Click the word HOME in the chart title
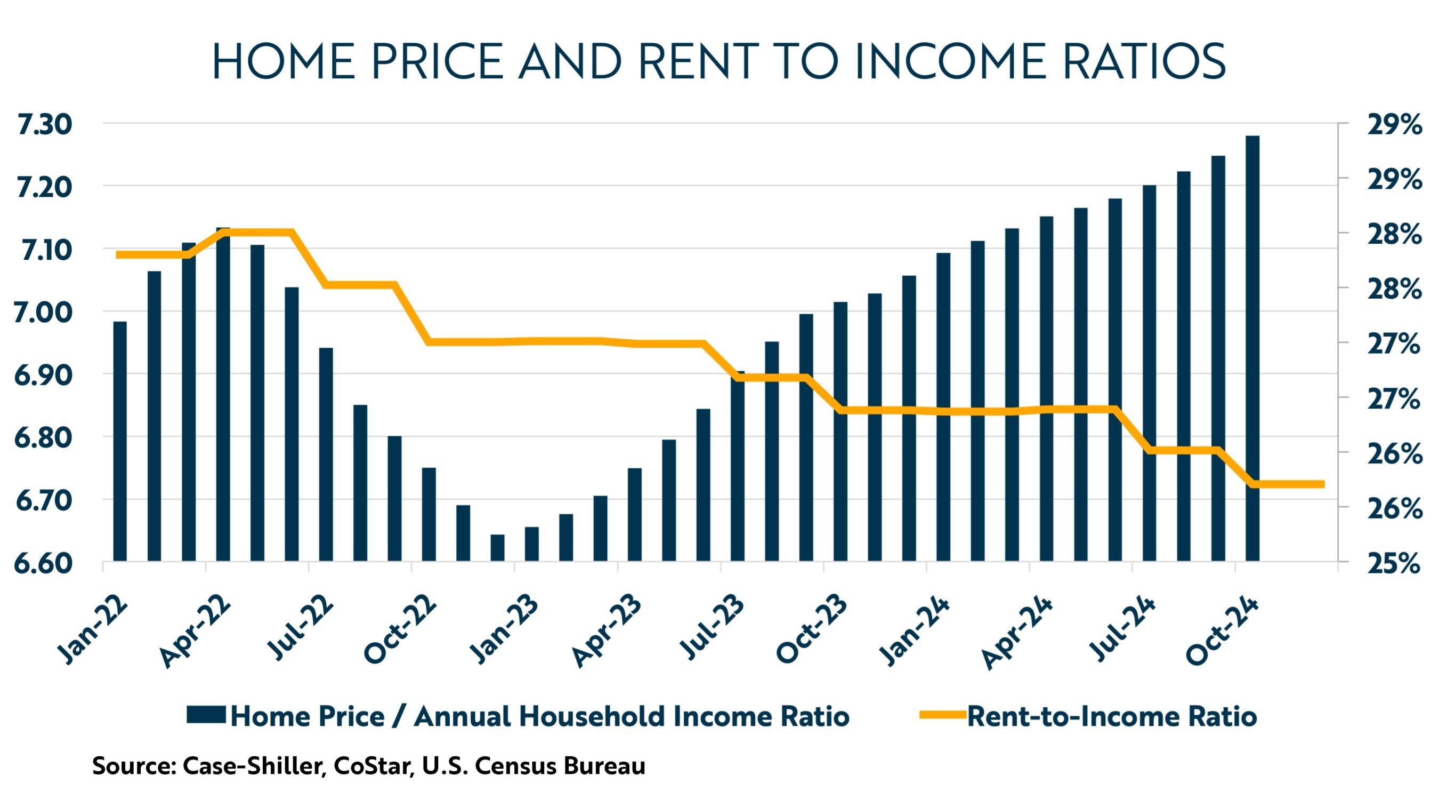[x=284, y=61]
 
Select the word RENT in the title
[x=698, y=61]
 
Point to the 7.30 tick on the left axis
[x=45, y=124]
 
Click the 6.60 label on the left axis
[x=44, y=563]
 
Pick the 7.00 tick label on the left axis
[x=44, y=312]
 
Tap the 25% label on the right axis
[x=1393, y=563]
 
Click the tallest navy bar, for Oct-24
[x=1252, y=347]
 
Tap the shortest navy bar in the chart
[x=497, y=547]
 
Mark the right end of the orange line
[x=1323, y=484]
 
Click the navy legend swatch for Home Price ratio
[x=206, y=715]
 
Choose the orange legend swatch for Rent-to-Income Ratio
[x=942, y=715]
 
